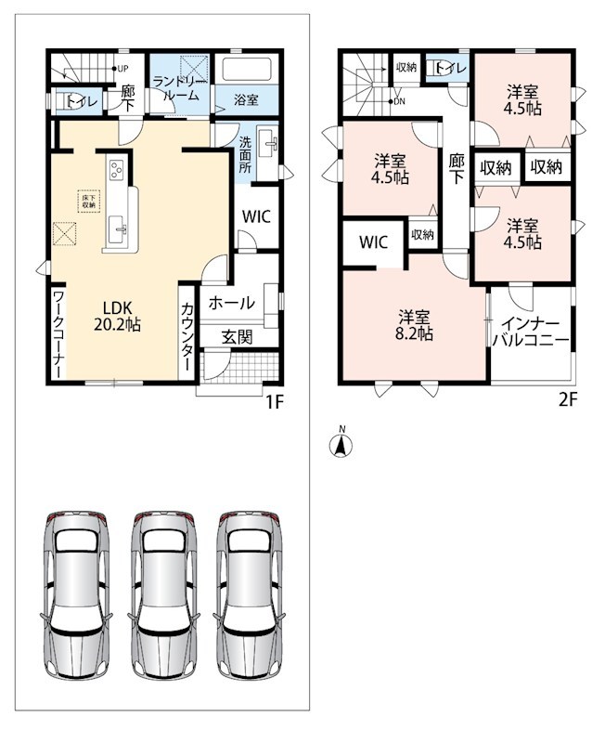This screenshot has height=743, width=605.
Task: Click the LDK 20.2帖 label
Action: click(117, 316)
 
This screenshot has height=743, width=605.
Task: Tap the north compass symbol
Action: click(341, 444)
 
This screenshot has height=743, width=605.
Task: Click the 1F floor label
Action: click(274, 402)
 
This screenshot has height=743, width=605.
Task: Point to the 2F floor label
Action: click(568, 400)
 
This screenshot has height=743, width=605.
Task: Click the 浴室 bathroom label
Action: click(246, 100)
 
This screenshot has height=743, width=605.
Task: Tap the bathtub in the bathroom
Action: click(246, 70)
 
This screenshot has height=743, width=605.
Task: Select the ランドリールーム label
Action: click(180, 88)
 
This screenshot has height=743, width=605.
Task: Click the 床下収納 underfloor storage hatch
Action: click(88, 202)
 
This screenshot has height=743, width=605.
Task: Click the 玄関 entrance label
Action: click(237, 337)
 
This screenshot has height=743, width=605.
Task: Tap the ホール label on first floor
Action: click(231, 303)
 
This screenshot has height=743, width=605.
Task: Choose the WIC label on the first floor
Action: click(256, 217)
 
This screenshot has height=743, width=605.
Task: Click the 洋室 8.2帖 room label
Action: click(414, 324)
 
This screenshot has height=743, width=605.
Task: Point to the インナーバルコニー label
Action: click(530, 332)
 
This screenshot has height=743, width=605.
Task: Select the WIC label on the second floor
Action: click(374, 242)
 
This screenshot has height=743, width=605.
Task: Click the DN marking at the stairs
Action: click(397, 101)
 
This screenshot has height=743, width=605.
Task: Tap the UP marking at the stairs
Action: click(121, 69)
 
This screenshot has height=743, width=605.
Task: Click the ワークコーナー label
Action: click(58, 334)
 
